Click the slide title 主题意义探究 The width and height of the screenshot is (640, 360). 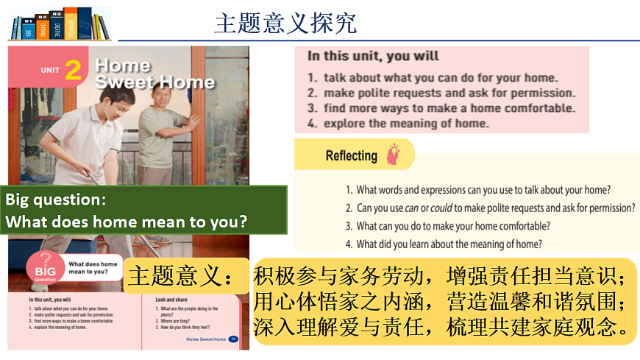point(285,23)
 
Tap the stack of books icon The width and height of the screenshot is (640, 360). point(58,24)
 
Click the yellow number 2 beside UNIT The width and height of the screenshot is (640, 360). point(73,70)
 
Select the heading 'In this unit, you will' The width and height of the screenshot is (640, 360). point(373,56)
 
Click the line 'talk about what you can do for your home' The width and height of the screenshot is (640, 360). point(433,77)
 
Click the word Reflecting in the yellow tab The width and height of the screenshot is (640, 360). point(351,155)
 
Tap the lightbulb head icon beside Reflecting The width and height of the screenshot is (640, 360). point(394,154)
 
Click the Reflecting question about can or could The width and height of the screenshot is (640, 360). point(490,208)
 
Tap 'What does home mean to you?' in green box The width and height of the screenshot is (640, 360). point(127,221)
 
